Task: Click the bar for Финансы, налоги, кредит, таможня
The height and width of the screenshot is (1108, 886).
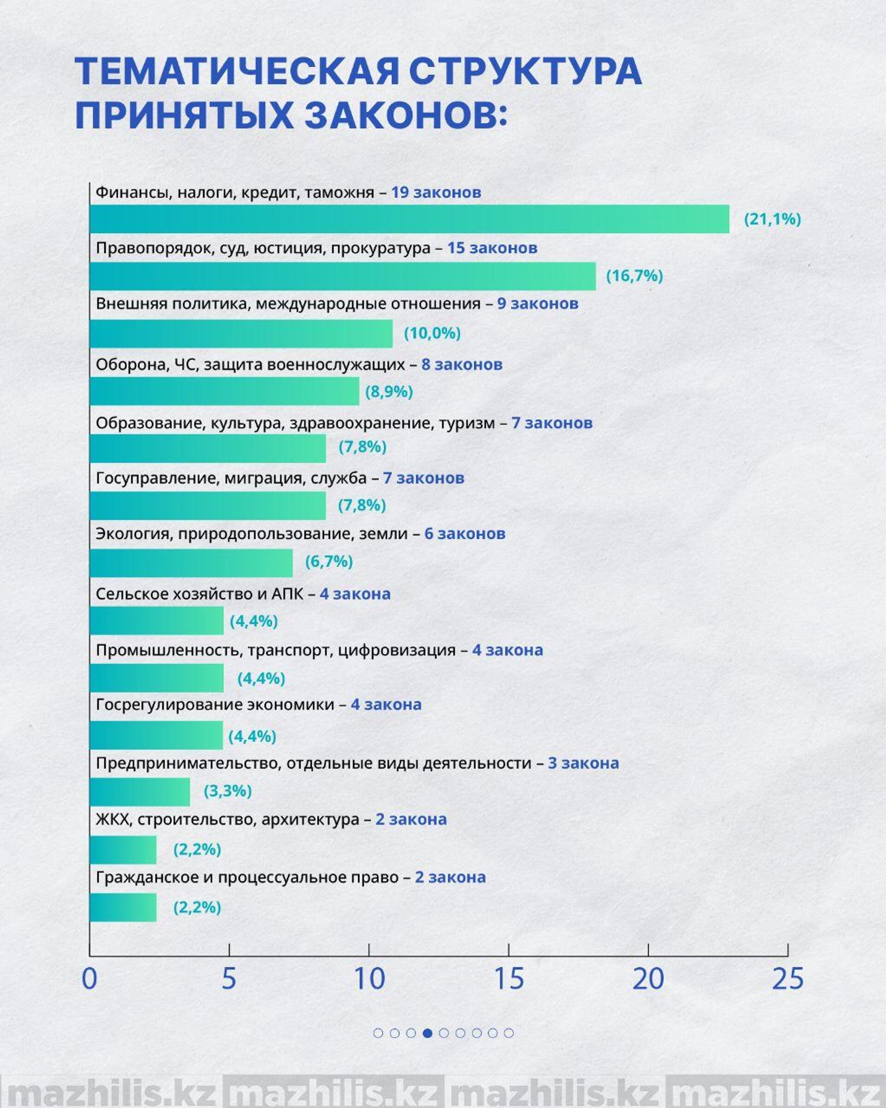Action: pyautogui.click(x=409, y=219)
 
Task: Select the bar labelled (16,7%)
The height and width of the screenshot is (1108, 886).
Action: pyautogui.click(x=342, y=276)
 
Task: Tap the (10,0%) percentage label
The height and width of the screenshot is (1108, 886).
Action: pyautogui.click(x=432, y=333)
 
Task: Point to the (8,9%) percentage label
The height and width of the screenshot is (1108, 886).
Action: pyautogui.click(x=389, y=391)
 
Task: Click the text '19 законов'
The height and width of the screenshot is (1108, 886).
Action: pyautogui.click(x=436, y=192)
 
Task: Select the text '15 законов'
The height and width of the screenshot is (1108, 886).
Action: pyautogui.click(x=492, y=248)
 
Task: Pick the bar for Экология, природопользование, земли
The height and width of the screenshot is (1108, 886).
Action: pyautogui.click(x=191, y=563)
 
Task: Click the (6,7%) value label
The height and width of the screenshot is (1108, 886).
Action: pyautogui.click(x=329, y=561)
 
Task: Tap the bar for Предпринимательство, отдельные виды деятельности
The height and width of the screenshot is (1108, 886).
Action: pyautogui.click(x=140, y=792)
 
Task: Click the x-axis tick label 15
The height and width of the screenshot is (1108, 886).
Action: pyautogui.click(x=509, y=979)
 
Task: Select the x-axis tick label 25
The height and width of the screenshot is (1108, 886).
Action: pyautogui.click(x=787, y=979)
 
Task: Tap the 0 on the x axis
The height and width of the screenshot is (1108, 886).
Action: pyautogui.click(x=90, y=979)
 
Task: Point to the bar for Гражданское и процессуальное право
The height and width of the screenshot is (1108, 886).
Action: pyautogui.click(x=123, y=907)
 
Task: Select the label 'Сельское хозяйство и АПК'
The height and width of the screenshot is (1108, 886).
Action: pyautogui.click(x=199, y=594)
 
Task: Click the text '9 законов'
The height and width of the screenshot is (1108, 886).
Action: pyautogui.click(x=538, y=303)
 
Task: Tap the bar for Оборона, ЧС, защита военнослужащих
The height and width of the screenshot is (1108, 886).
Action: pyautogui.click(x=224, y=391)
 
